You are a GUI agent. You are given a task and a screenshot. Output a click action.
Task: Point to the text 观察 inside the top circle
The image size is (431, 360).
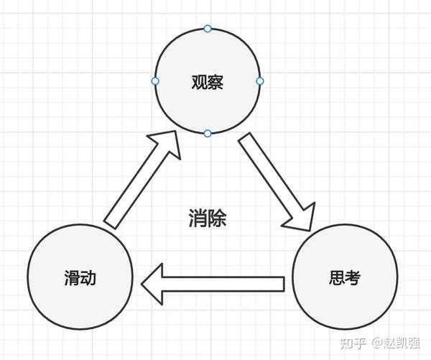(x=208, y=82)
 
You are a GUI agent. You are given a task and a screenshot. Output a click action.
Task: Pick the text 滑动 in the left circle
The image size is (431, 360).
(x=80, y=278)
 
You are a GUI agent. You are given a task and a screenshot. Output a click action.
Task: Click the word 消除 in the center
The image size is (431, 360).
(x=208, y=218)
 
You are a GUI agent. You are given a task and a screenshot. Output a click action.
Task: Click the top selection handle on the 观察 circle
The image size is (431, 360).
(x=208, y=29)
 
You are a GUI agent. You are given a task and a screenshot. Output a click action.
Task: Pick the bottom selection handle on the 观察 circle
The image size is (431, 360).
(x=208, y=133)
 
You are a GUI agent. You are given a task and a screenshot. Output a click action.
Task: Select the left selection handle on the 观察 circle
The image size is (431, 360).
(x=155, y=81)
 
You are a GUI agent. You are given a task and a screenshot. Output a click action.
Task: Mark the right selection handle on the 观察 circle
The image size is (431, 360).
(x=260, y=81)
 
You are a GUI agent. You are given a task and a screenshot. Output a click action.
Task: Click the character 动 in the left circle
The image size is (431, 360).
(x=89, y=278)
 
